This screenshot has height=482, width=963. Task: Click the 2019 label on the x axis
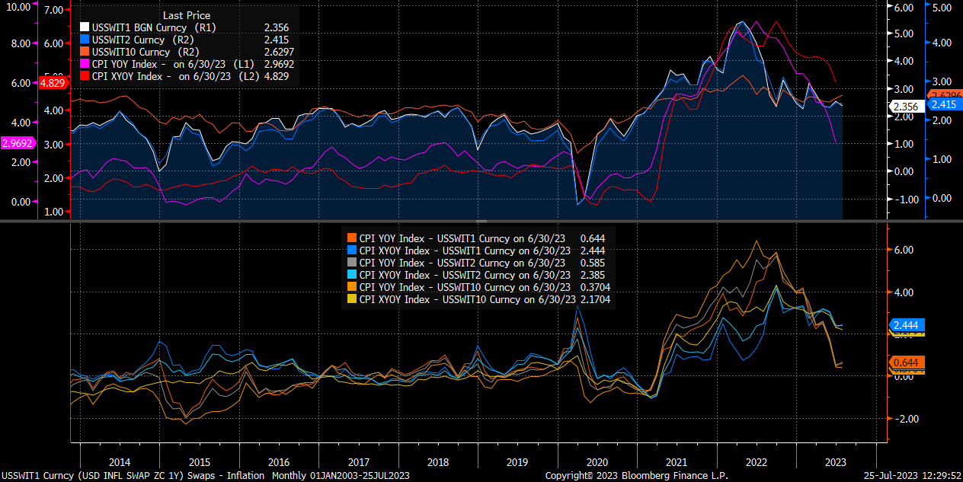[x=517, y=462]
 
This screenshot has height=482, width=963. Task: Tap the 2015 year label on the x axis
[x=199, y=462]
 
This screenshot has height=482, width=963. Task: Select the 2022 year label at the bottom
[x=756, y=462]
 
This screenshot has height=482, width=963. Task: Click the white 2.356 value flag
[x=904, y=107]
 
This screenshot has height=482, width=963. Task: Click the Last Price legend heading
[x=187, y=15]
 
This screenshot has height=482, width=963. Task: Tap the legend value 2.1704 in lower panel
[x=595, y=299]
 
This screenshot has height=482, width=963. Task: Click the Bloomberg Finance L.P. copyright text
[x=636, y=475]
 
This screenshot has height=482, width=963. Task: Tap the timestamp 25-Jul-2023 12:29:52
[x=912, y=475]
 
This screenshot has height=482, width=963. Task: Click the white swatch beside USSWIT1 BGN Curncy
[x=85, y=27]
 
